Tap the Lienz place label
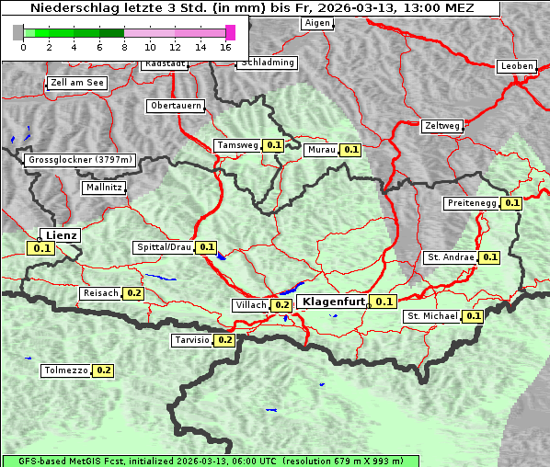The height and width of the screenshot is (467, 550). (x=62, y=235)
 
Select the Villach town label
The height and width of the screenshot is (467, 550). (x=251, y=305)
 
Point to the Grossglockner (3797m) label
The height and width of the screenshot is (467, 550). (x=81, y=160)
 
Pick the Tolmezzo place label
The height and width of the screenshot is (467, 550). (x=65, y=370)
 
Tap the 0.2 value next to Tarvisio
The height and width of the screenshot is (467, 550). (x=224, y=340)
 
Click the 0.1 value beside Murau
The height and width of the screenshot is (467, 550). (x=350, y=149)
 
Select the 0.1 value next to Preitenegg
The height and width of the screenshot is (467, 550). (x=511, y=203)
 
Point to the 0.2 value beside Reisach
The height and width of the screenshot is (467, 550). (x=134, y=293)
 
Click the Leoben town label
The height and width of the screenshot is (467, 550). (x=516, y=66)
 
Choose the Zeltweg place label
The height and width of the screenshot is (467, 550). (x=442, y=126)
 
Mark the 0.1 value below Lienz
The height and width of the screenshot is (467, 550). (x=42, y=248)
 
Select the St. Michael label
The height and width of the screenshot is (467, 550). (x=432, y=316)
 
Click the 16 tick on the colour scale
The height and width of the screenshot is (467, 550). (x=225, y=46)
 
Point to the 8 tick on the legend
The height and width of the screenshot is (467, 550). (x=124, y=46)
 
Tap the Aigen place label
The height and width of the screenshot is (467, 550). (x=316, y=23)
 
